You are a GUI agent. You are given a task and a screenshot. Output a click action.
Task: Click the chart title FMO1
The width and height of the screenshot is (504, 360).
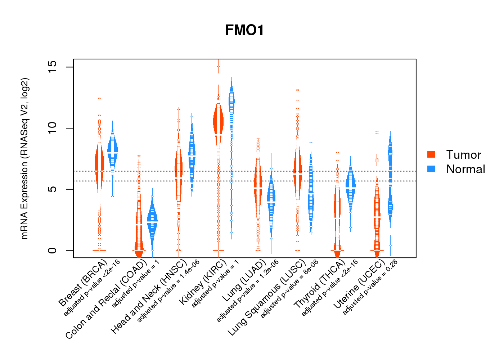click(244, 30)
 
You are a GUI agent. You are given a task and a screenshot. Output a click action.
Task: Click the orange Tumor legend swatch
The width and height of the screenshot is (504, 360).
click(431, 154)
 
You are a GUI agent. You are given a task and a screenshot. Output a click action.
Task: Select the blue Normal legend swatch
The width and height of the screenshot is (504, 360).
click(431, 169)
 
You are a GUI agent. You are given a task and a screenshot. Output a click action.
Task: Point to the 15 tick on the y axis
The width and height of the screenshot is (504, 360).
click(53, 67)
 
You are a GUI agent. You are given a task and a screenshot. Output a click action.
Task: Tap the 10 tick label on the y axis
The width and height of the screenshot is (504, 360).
click(53, 128)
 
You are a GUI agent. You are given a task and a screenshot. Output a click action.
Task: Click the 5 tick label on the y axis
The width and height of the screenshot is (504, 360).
click(53, 189)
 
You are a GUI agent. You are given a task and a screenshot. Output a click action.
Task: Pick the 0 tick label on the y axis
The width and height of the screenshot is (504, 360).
click(53, 250)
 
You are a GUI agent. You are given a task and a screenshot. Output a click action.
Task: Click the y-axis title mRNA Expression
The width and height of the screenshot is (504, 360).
click(24, 158)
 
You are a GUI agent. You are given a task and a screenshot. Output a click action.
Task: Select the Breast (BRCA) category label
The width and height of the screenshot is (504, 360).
click(82, 283)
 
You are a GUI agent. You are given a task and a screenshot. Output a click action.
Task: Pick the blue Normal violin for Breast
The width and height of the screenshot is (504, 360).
click(113, 148)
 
